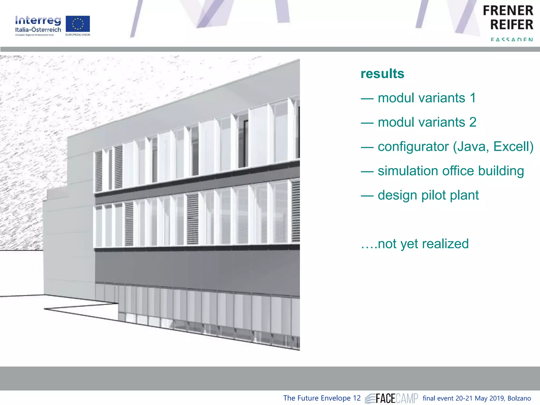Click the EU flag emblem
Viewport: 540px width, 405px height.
coord(78,24)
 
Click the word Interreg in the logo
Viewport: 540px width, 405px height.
coord(38,21)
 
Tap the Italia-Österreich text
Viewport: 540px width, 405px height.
coord(38,30)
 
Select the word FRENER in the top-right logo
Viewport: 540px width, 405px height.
coord(508,11)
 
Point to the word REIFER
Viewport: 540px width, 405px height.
coord(512,25)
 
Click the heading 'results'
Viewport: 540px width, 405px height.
coord(382,74)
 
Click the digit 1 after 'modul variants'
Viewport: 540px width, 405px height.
coord(473,98)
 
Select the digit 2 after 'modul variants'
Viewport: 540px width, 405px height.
coord(473,122)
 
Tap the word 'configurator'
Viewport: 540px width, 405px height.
coord(413,147)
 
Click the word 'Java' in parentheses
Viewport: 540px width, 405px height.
coord(471,147)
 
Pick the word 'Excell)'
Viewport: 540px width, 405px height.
coord(513,147)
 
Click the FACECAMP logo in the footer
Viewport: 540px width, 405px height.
coord(392,398)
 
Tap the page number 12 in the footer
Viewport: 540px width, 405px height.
coord(357,398)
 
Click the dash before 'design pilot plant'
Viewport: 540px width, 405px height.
coord(367,196)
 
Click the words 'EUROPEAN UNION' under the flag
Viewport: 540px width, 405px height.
coord(78,35)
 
